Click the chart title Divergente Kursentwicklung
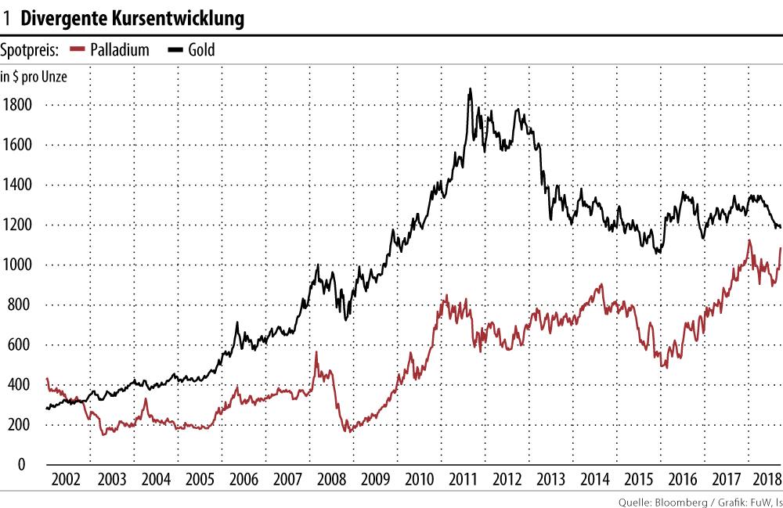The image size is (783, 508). click(132, 19)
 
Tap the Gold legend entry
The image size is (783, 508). click(200, 51)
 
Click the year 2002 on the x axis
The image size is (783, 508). click(67, 480)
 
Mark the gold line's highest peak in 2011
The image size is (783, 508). click(470, 89)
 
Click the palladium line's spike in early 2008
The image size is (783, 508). click(316, 353)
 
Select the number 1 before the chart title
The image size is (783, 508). click(7, 19)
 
